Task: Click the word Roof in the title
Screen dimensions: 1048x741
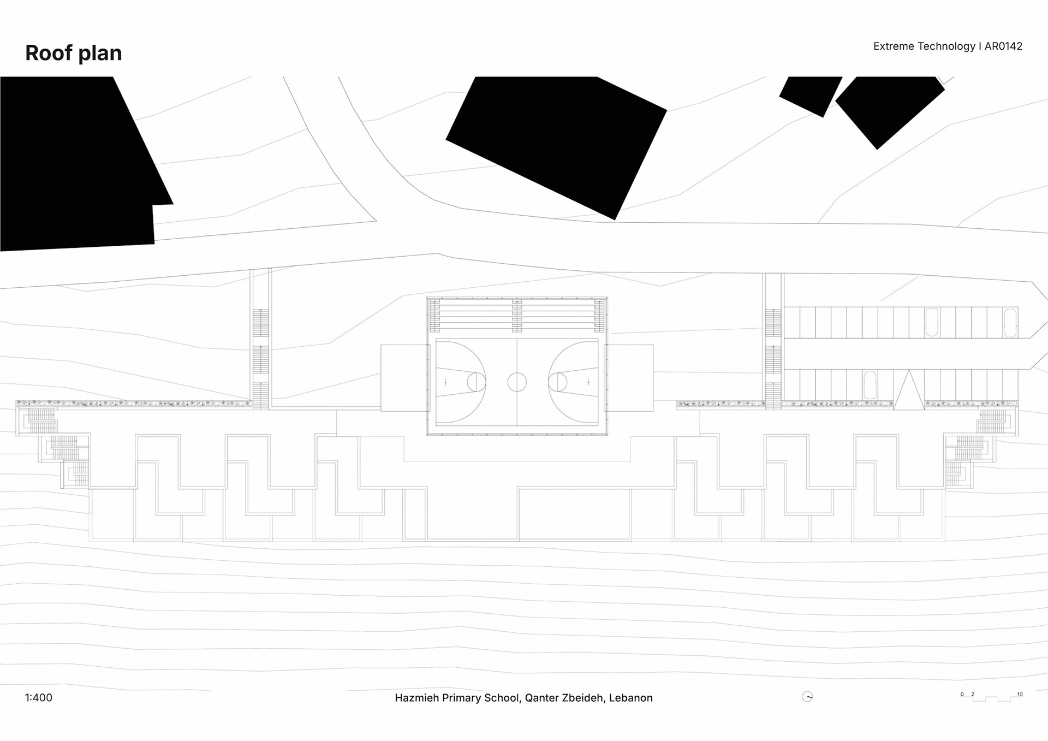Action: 49,53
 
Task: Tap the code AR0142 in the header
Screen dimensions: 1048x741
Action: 1003,46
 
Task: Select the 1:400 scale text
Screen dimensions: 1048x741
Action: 39,697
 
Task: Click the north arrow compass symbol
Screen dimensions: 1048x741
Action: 807,696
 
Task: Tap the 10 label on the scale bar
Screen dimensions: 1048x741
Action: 1020,695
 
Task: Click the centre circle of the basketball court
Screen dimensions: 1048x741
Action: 517,382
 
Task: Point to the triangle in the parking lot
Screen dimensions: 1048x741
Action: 909,391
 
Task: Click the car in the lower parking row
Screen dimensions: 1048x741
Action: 870,384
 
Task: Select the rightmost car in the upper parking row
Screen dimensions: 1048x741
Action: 1010,323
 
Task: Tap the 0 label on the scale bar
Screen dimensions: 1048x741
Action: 962,695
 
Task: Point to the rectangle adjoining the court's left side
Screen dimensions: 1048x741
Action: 404,378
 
